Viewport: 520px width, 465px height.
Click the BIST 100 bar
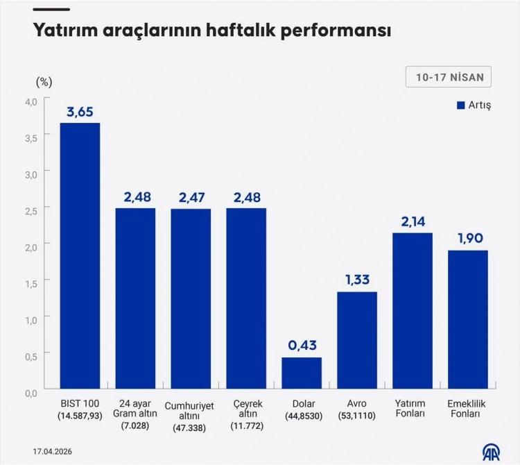80,257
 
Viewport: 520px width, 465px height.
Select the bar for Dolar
302,375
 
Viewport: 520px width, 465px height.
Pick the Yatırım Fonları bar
413,312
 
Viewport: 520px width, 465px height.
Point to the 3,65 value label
80,110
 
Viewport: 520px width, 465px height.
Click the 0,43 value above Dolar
302,345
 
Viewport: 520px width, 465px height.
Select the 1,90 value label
468,238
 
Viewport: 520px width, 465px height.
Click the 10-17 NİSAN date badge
449,77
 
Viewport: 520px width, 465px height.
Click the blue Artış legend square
460,105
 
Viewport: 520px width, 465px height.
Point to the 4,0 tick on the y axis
31,101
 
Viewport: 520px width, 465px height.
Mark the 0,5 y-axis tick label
31,357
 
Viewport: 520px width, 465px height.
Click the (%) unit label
44,81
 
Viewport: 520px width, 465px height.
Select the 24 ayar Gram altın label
135,409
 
